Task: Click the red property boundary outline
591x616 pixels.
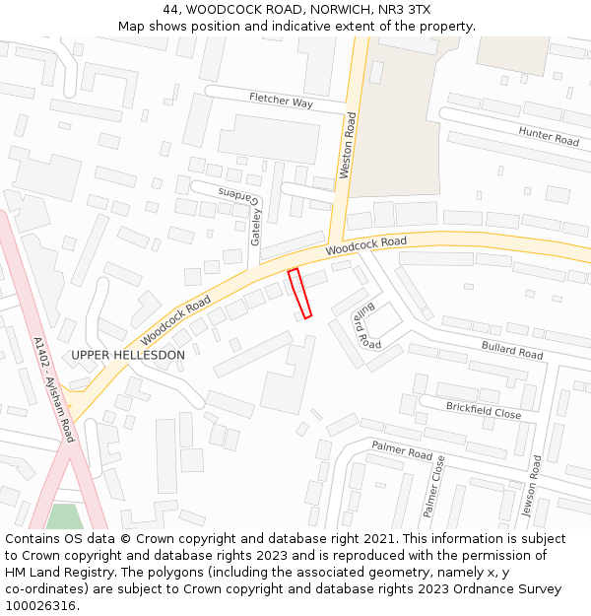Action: pos(299,294)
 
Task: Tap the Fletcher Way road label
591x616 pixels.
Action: pos(281,101)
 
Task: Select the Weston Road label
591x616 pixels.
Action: pos(349,145)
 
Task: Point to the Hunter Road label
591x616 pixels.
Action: pos(549,137)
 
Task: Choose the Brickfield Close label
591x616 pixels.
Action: pos(483,410)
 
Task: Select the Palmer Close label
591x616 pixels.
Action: pos(432,486)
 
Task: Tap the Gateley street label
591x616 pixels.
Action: pos(256,226)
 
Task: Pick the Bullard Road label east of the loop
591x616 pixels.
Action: pos(512,349)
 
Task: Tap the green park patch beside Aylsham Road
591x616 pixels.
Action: pos(66,516)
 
